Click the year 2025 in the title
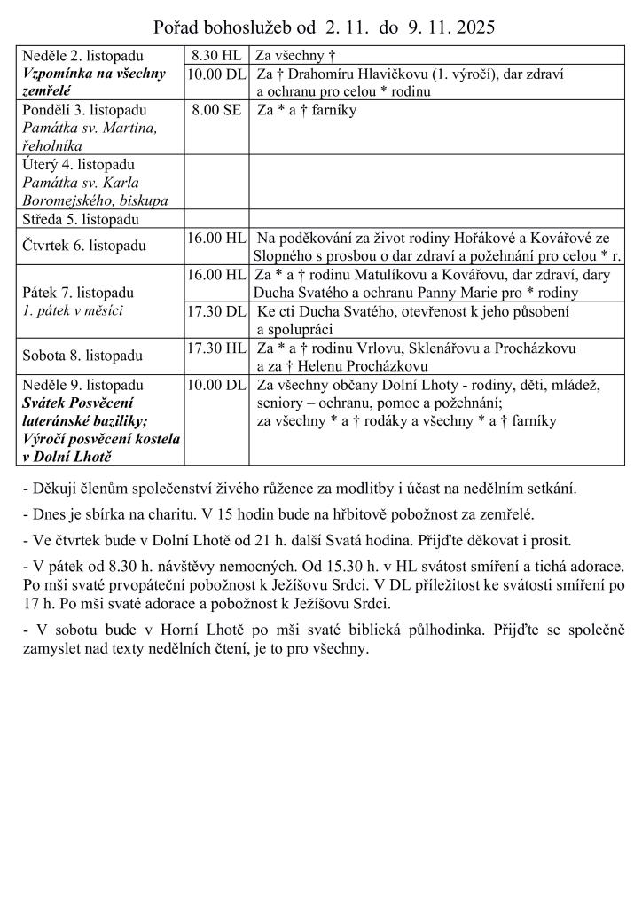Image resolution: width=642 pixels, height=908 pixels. pyautogui.click(x=471, y=27)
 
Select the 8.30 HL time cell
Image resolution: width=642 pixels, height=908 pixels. pyautogui.click(x=216, y=56)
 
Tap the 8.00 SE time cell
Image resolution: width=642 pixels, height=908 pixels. pyautogui.click(x=216, y=111)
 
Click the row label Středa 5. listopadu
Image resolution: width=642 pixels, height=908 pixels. pyautogui.click(x=81, y=219)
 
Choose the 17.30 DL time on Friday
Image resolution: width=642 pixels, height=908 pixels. pyautogui.click(x=216, y=311)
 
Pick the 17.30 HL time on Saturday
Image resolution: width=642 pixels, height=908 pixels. pyautogui.click(x=216, y=348)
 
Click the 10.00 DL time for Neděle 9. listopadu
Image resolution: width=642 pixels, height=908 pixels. pyautogui.click(x=216, y=385)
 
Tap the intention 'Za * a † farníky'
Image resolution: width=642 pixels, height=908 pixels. pyautogui.click(x=306, y=111)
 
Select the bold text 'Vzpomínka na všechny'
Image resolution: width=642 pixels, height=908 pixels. pyautogui.click(x=94, y=73)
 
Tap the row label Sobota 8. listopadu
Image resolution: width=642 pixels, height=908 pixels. pyautogui.click(x=82, y=356)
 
